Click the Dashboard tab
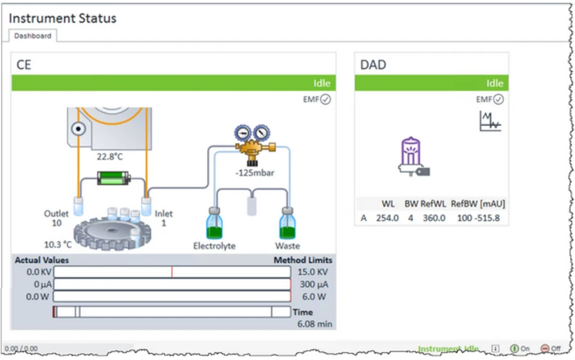point(33,36)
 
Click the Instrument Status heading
point(62,18)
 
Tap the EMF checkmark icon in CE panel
point(325,100)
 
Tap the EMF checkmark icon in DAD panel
point(498,100)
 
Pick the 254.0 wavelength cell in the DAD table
point(387,218)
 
